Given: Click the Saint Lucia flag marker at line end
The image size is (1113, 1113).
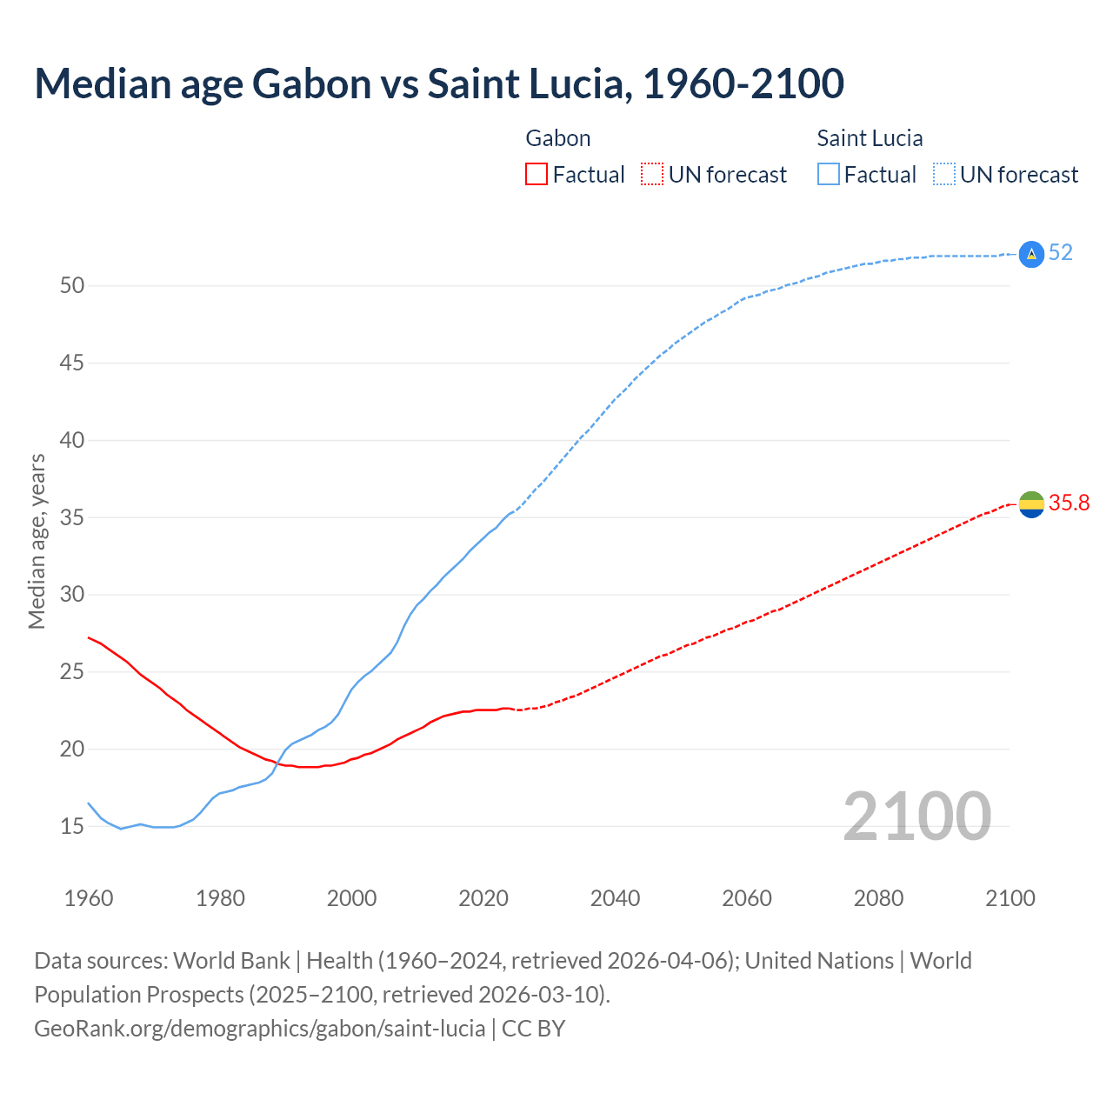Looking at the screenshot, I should coord(1031,254).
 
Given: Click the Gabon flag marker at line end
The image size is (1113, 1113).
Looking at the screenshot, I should coord(1031,503).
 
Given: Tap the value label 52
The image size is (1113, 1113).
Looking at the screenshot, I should coord(1060,253).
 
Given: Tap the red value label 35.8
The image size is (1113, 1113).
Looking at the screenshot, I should coord(1069,503).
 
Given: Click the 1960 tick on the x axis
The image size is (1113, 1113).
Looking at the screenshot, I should coord(89,898).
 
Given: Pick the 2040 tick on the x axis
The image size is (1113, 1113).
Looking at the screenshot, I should coord(615,898).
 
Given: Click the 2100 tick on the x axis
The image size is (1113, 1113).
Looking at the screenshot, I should coord(1010,898).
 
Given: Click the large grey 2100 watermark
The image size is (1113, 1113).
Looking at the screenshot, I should coord(916,816).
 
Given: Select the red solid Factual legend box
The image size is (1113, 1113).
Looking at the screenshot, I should coord(537,175).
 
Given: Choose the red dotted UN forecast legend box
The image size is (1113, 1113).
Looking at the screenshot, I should coord(652,175).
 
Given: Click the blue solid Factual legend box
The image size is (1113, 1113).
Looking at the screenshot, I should coord(829,175).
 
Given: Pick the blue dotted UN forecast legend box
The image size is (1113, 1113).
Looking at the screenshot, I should coord(943,175).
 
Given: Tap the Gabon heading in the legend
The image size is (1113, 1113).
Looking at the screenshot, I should coord(558,138).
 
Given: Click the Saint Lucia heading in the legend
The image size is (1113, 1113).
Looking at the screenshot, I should coord(870,138).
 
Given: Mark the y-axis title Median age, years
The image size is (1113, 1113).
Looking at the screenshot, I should coord(37,541).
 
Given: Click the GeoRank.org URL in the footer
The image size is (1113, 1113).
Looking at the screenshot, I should coord(259,1029).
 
